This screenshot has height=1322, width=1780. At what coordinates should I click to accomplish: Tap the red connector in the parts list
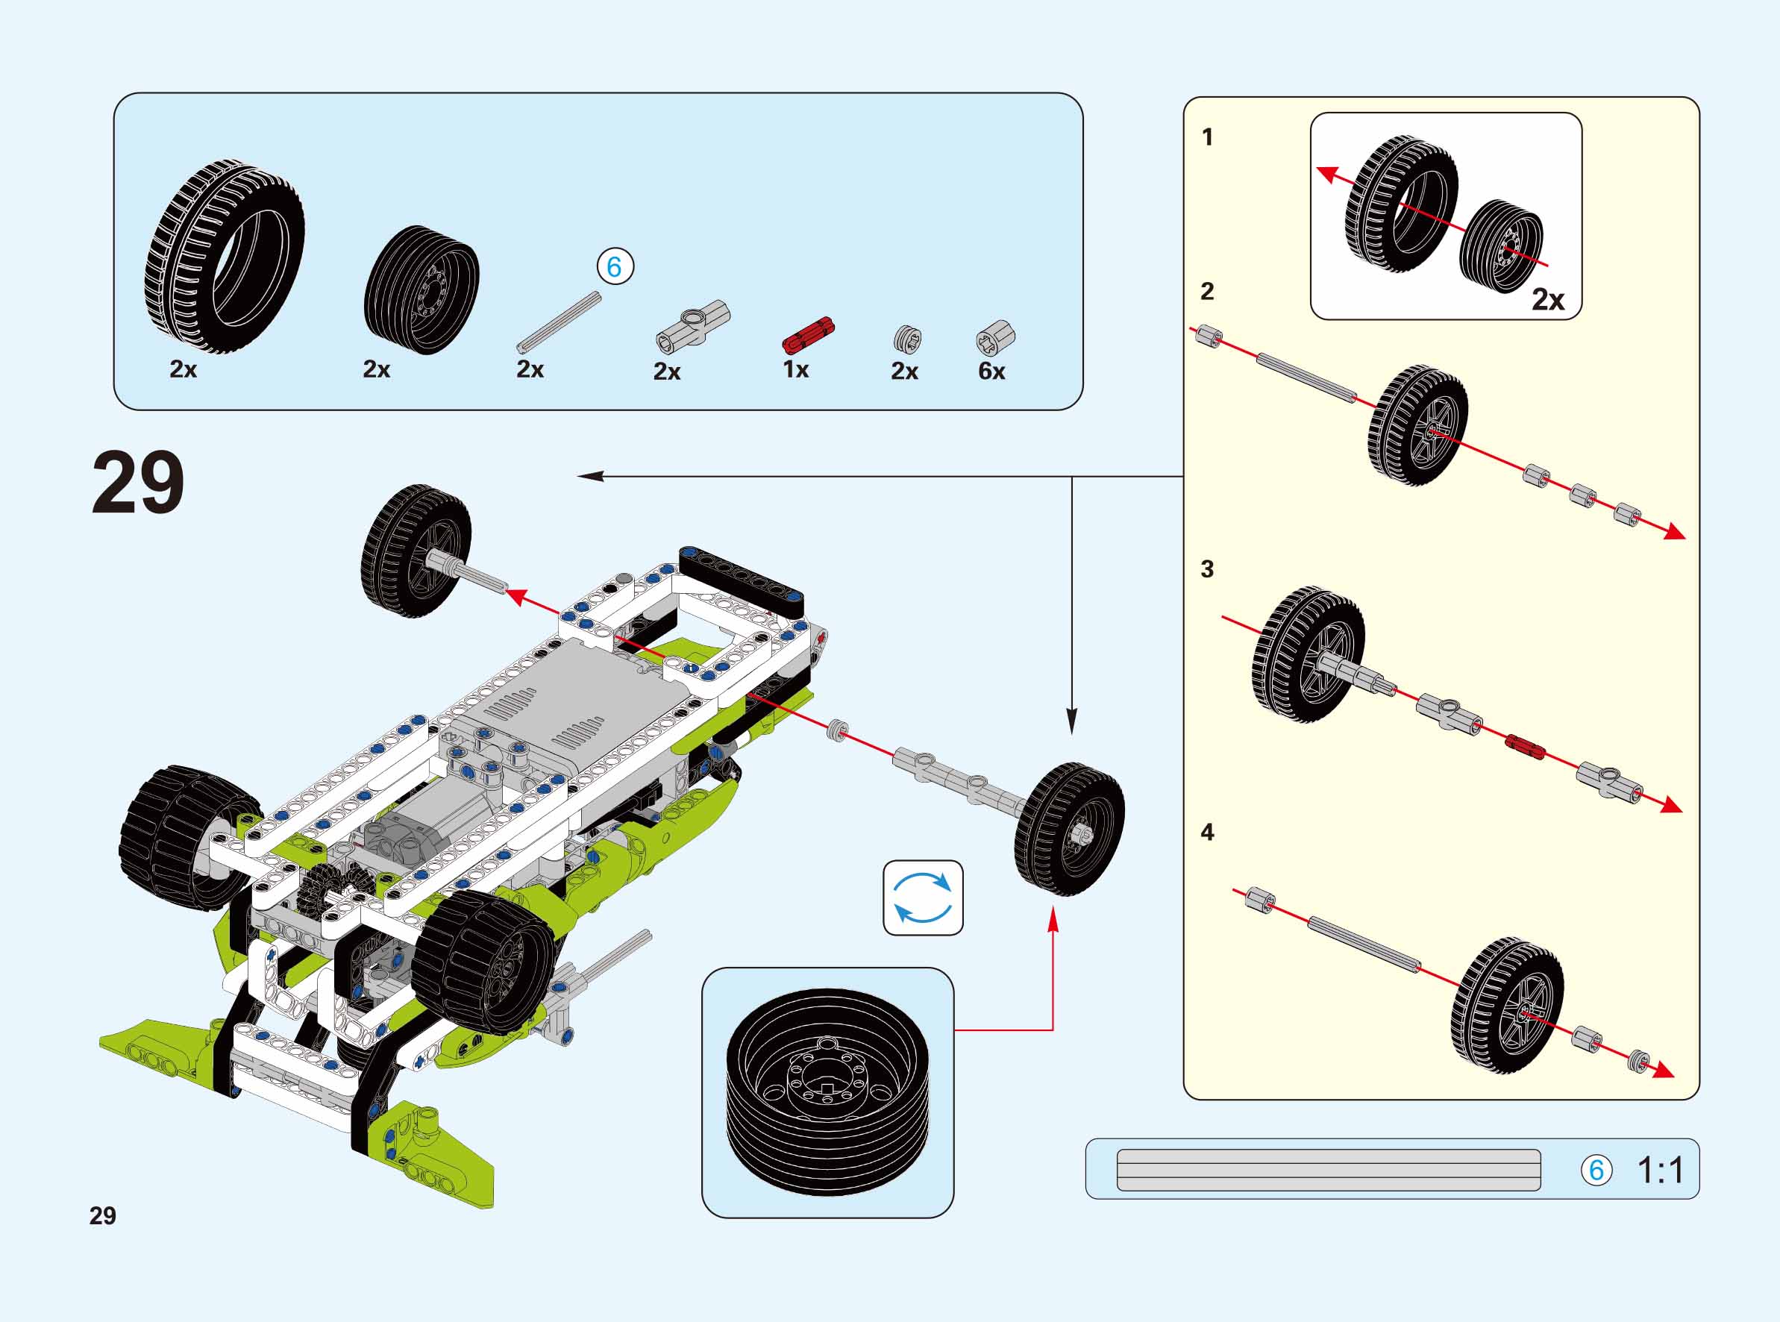pyautogui.click(x=807, y=334)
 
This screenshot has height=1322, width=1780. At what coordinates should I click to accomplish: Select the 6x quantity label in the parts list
pyautogui.click(x=991, y=371)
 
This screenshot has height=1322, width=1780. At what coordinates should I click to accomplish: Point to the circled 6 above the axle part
pyautogui.click(x=615, y=266)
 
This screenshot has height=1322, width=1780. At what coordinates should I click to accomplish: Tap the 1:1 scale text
pyautogui.click(x=1661, y=1171)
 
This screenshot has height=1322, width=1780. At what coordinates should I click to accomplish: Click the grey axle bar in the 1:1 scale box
pyautogui.click(x=1328, y=1170)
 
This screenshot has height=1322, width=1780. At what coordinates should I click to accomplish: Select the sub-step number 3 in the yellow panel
pyautogui.click(x=1207, y=569)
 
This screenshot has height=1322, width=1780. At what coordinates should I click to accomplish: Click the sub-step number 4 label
pyautogui.click(x=1207, y=833)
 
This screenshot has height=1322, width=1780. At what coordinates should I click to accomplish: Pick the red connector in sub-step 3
pyautogui.click(x=1524, y=747)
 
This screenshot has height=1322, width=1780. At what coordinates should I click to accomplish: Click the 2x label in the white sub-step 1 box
pyautogui.click(x=1547, y=299)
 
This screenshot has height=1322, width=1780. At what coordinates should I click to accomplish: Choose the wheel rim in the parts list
pyautogui.click(x=422, y=289)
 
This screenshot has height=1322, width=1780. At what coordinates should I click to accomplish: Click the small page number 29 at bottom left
pyautogui.click(x=102, y=1215)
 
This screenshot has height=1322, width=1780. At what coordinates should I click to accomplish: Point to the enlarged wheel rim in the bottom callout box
pyautogui.click(x=827, y=1092)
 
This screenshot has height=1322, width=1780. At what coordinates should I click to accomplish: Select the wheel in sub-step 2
pyautogui.click(x=1417, y=426)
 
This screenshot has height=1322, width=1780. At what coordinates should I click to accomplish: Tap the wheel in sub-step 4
pyautogui.click(x=1507, y=1006)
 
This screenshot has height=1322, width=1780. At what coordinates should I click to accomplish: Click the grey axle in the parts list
pyautogui.click(x=559, y=322)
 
